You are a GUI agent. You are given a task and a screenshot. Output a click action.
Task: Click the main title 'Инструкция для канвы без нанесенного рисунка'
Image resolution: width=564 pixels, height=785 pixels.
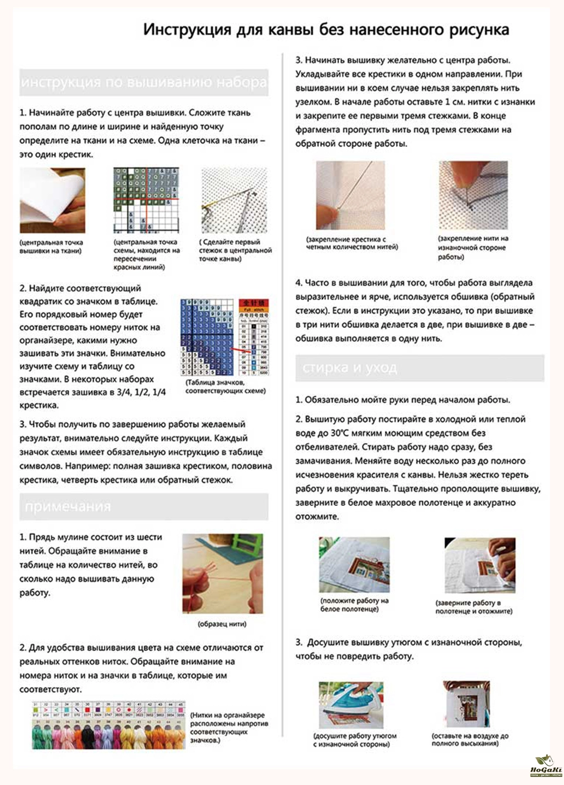pyautogui.click(x=326, y=30)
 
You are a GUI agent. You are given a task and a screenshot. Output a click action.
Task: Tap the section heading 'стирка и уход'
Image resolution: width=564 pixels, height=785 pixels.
pyautogui.click(x=350, y=368)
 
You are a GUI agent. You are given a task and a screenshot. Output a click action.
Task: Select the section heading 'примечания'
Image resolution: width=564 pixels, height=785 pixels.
pyautogui.click(x=68, y=506)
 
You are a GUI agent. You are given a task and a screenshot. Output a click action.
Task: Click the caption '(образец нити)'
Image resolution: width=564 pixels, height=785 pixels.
pyautogui.click(x=221, y=624)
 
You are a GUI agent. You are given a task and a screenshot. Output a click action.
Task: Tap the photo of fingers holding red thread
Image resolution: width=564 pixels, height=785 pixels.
pyautogui.click(x=222, y=573)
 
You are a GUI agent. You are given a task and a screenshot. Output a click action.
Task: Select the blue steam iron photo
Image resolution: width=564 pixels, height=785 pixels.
pyautogui.click(x=351, y=704)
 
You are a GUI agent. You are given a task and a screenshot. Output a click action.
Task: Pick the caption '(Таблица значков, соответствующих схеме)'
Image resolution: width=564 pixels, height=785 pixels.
pyautogui.click(x=226, y=387)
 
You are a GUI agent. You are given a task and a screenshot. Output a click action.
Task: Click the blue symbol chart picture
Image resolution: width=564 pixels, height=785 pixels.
pyautogui.click(x=224, y=337)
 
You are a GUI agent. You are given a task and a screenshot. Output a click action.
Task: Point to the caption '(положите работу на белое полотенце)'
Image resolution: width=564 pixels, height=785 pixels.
pyautogui.click(x=354, y=605)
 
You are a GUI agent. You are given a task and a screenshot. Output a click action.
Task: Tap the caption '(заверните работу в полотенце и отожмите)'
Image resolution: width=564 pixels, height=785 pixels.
pyautogui.click(x=474, y=607)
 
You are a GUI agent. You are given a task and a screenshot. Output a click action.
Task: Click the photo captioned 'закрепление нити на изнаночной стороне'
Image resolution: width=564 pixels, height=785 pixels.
pyautogui.click(x=473, y=195)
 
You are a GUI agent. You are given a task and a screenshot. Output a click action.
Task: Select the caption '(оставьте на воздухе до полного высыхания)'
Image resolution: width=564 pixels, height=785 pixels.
pyautogui.click(x=470, y=739)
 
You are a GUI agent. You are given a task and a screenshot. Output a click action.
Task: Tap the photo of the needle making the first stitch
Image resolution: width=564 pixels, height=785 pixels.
pyautogui.click(x=234, y=200)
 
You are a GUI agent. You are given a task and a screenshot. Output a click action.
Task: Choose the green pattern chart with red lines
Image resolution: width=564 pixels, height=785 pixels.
pyautogui.click(x=146, y=200)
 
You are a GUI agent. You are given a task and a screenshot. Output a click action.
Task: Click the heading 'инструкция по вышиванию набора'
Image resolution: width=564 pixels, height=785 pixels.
pyautogui.click(x=143, y=82)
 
